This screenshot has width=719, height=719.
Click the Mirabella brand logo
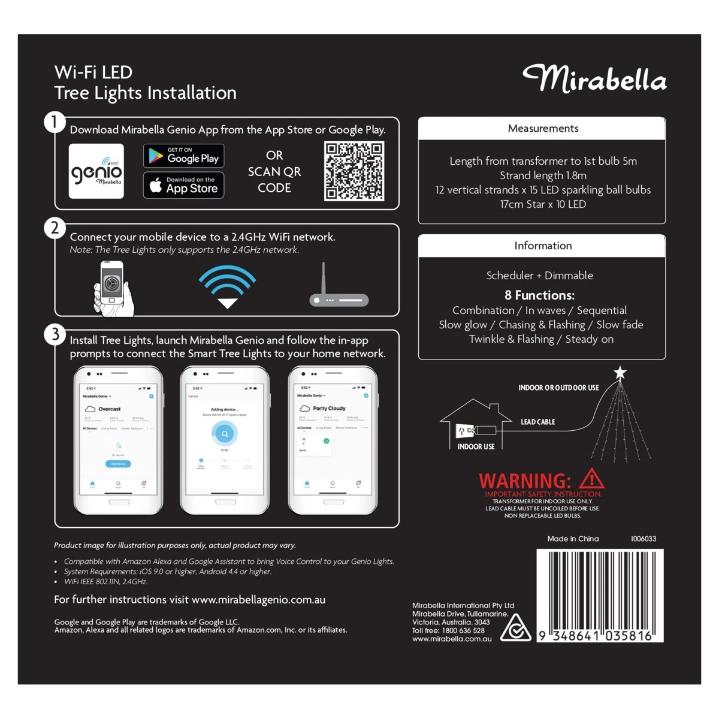point(594,79)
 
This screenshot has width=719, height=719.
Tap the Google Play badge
point(184,156)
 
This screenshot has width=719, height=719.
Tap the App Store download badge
point(184,185)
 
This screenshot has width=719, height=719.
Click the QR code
point(354,171)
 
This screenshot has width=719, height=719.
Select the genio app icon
point(96,171)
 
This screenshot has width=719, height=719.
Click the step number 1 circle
point(55,122)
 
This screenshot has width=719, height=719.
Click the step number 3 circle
point(55,334)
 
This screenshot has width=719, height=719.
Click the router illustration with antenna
point(339,287)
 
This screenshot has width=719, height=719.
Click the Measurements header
point(542,128)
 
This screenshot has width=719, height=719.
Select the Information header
point(542,246)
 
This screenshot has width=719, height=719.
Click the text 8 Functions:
point(539,295)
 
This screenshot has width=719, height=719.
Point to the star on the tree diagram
point(620,373)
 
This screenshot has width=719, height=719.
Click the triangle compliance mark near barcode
point(515,628)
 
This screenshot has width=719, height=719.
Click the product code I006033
point(643,539)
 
